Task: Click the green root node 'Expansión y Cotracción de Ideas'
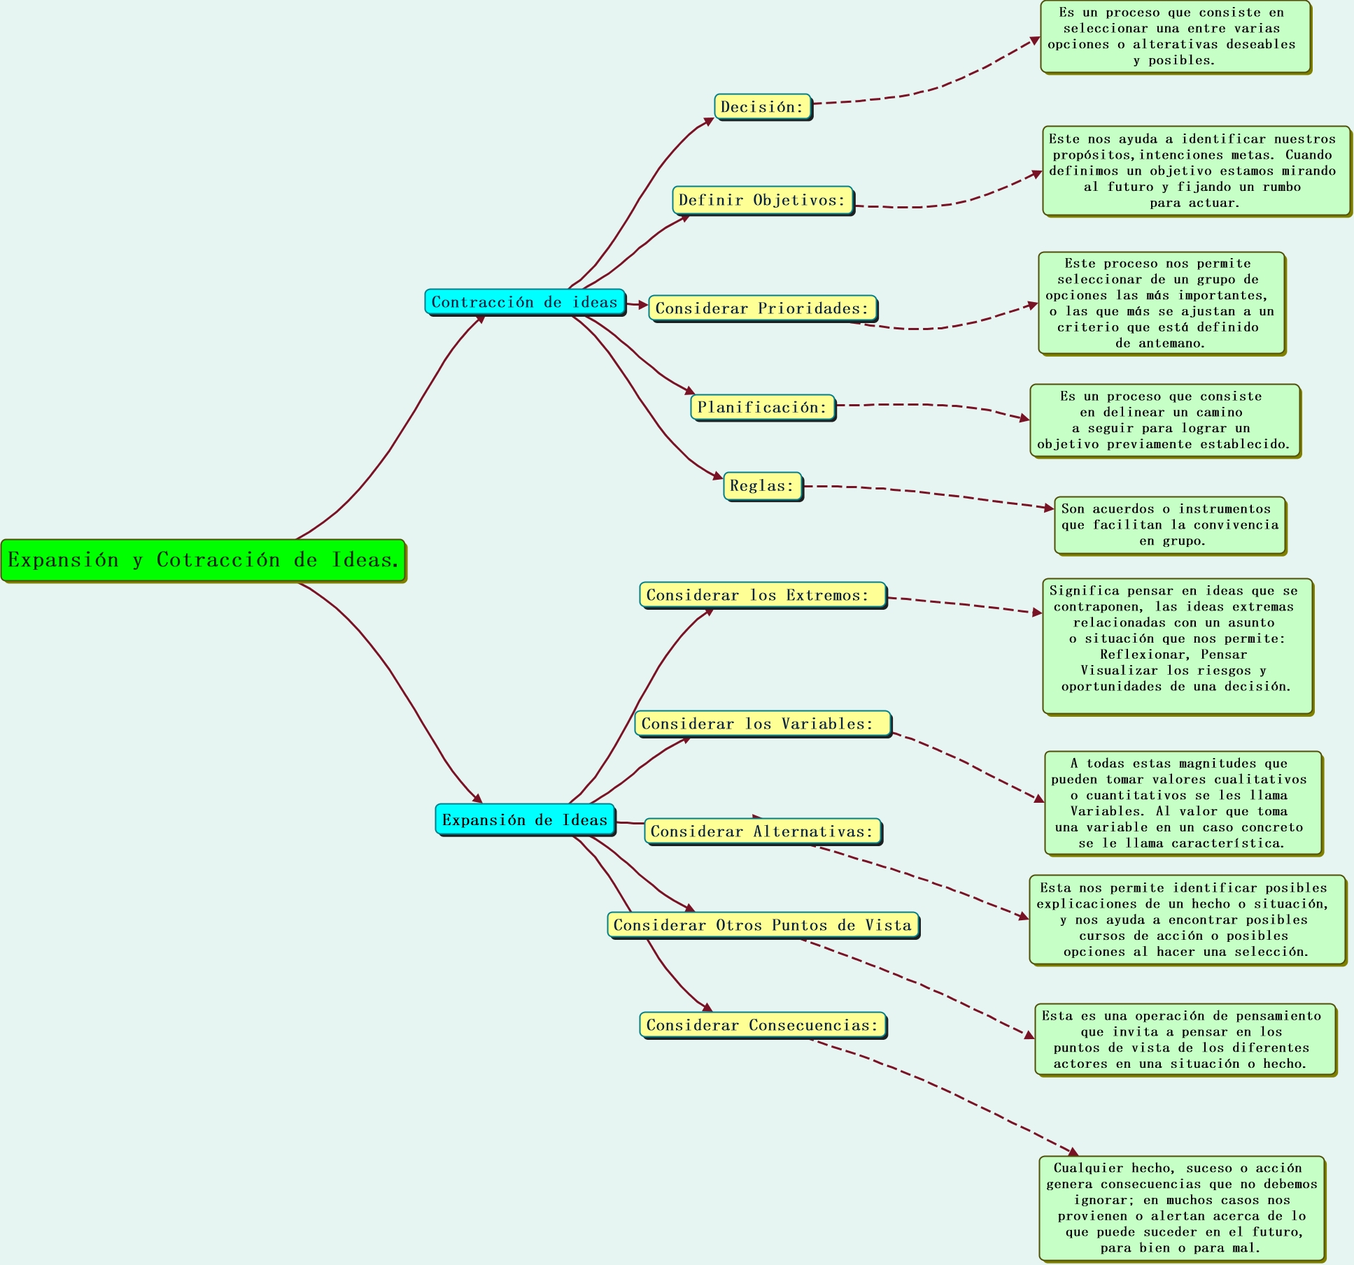click(x=203, y=560)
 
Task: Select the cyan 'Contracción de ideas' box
click(x=525, y=302)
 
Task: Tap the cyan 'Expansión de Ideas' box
click(x=525, y=820)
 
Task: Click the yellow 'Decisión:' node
click(x=762, y=107)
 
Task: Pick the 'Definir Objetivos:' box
click(x=762, y=201)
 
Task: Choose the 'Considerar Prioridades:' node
click(x=762, y=308)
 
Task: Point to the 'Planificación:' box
click(x=762, y=408)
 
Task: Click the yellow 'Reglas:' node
click(x=762, y=486)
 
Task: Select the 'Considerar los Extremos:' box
click(x=762, y=595)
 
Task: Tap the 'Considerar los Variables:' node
click(x=762, y=724)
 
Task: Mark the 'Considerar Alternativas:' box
click(x=762, y=831)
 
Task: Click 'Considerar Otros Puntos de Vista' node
click(x=762, y=925)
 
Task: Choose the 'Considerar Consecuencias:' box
click(x=762, y=1025)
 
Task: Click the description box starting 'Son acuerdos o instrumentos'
click(x=1169, y=525)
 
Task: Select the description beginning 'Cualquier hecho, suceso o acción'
click(x=1181, y=1208)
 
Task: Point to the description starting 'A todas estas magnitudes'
click(x=1183, y=803)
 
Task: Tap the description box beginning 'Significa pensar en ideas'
click(x=1177, y=645)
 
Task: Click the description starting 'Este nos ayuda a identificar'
click(x=1196, y=171)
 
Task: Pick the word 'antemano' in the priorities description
click(x=1170, y=343)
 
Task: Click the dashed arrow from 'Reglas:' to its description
click(x=931, y=494)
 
